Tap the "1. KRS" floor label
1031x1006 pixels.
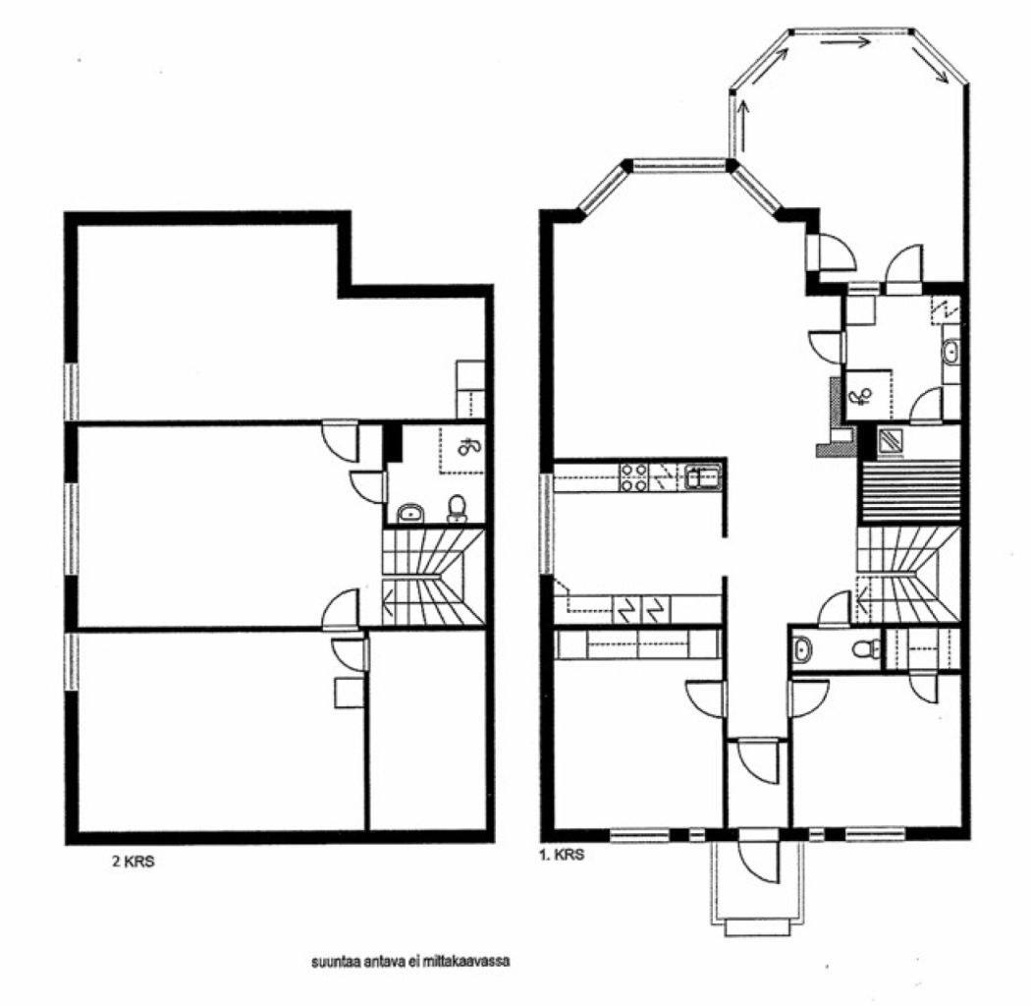pos(563,856)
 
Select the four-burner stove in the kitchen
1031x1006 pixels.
pos(633,477)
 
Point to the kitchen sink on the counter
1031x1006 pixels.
pos(703,477)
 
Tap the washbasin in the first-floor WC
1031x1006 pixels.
pos(802,648)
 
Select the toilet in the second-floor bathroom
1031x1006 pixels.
pos(457,508)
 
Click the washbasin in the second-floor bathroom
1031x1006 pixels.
pos(409,513)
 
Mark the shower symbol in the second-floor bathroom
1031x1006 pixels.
pos(468,448)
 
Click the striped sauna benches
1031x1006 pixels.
pos(907,491)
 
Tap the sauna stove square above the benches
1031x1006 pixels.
pos(892,442)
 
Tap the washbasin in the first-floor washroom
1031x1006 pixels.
pos(950,351)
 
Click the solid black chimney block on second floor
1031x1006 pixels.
pos(393,442)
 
